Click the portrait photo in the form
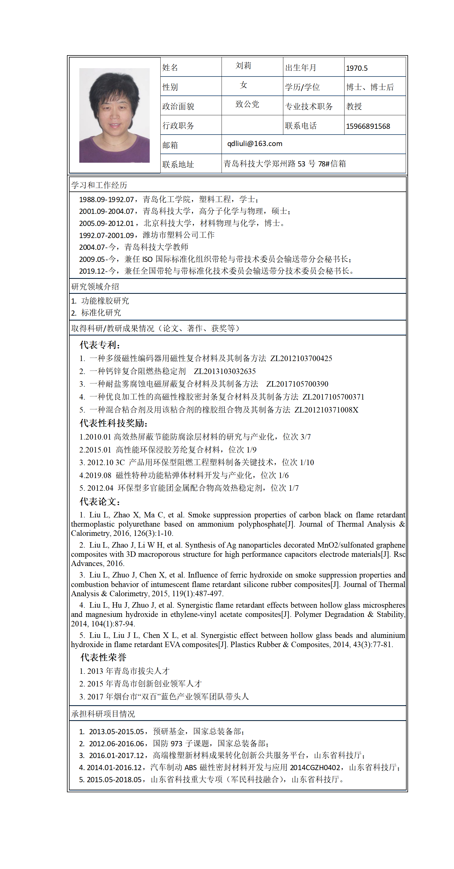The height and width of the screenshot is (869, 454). (x=114, y=115)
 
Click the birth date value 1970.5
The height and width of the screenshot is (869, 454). (x=357, y=68)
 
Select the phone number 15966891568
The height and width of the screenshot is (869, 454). (x=368, y=126)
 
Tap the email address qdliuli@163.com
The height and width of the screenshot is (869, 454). (x=255, y=144)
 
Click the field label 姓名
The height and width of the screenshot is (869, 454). (x=170, y=68)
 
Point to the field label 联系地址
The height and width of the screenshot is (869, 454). (x=178, y=164)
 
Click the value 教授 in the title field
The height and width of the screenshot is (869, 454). (x=354, y=107)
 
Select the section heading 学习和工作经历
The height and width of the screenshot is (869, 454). (x=99, y=185)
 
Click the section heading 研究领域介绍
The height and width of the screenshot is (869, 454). (x=95, y=286)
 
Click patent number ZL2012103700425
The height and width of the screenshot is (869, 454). (x=301, y=358)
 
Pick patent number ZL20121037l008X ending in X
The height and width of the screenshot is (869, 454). (x=326, y=410)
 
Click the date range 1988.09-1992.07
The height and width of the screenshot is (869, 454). (x=107, y=199)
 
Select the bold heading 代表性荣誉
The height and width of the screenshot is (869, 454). (x=103, y=657)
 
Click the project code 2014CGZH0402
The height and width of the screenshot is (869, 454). (x=315, y=768)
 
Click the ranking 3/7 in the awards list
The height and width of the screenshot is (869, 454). (x=306, y=437)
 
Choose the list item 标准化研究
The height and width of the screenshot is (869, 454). (x=101, y=313)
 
